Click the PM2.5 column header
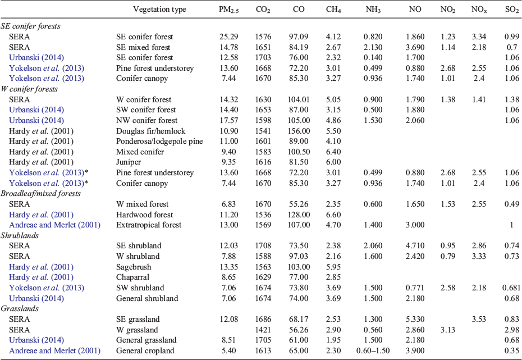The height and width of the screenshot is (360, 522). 228,10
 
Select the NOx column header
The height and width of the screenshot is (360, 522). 479,10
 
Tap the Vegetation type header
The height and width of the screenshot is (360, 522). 159,10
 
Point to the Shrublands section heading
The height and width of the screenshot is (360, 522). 20,235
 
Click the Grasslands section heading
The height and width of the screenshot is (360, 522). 20,308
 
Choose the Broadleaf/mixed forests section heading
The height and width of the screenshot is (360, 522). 40,194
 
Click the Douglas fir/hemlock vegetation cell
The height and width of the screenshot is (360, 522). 151,131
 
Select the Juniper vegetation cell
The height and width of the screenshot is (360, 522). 129,162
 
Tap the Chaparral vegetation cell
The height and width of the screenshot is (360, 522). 133,277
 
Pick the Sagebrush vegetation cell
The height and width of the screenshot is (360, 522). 134,267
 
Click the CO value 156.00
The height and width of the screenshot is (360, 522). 299,131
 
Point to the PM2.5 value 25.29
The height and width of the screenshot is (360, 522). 228,37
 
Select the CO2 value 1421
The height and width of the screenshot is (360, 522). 263,330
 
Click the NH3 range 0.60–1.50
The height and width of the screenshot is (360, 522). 373,350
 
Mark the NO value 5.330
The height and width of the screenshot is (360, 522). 415,319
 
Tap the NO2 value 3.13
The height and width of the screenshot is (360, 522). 448,330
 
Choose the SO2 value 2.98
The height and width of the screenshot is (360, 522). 512,330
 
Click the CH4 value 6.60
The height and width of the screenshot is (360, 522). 333,215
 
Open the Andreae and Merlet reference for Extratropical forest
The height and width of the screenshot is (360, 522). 54,225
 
